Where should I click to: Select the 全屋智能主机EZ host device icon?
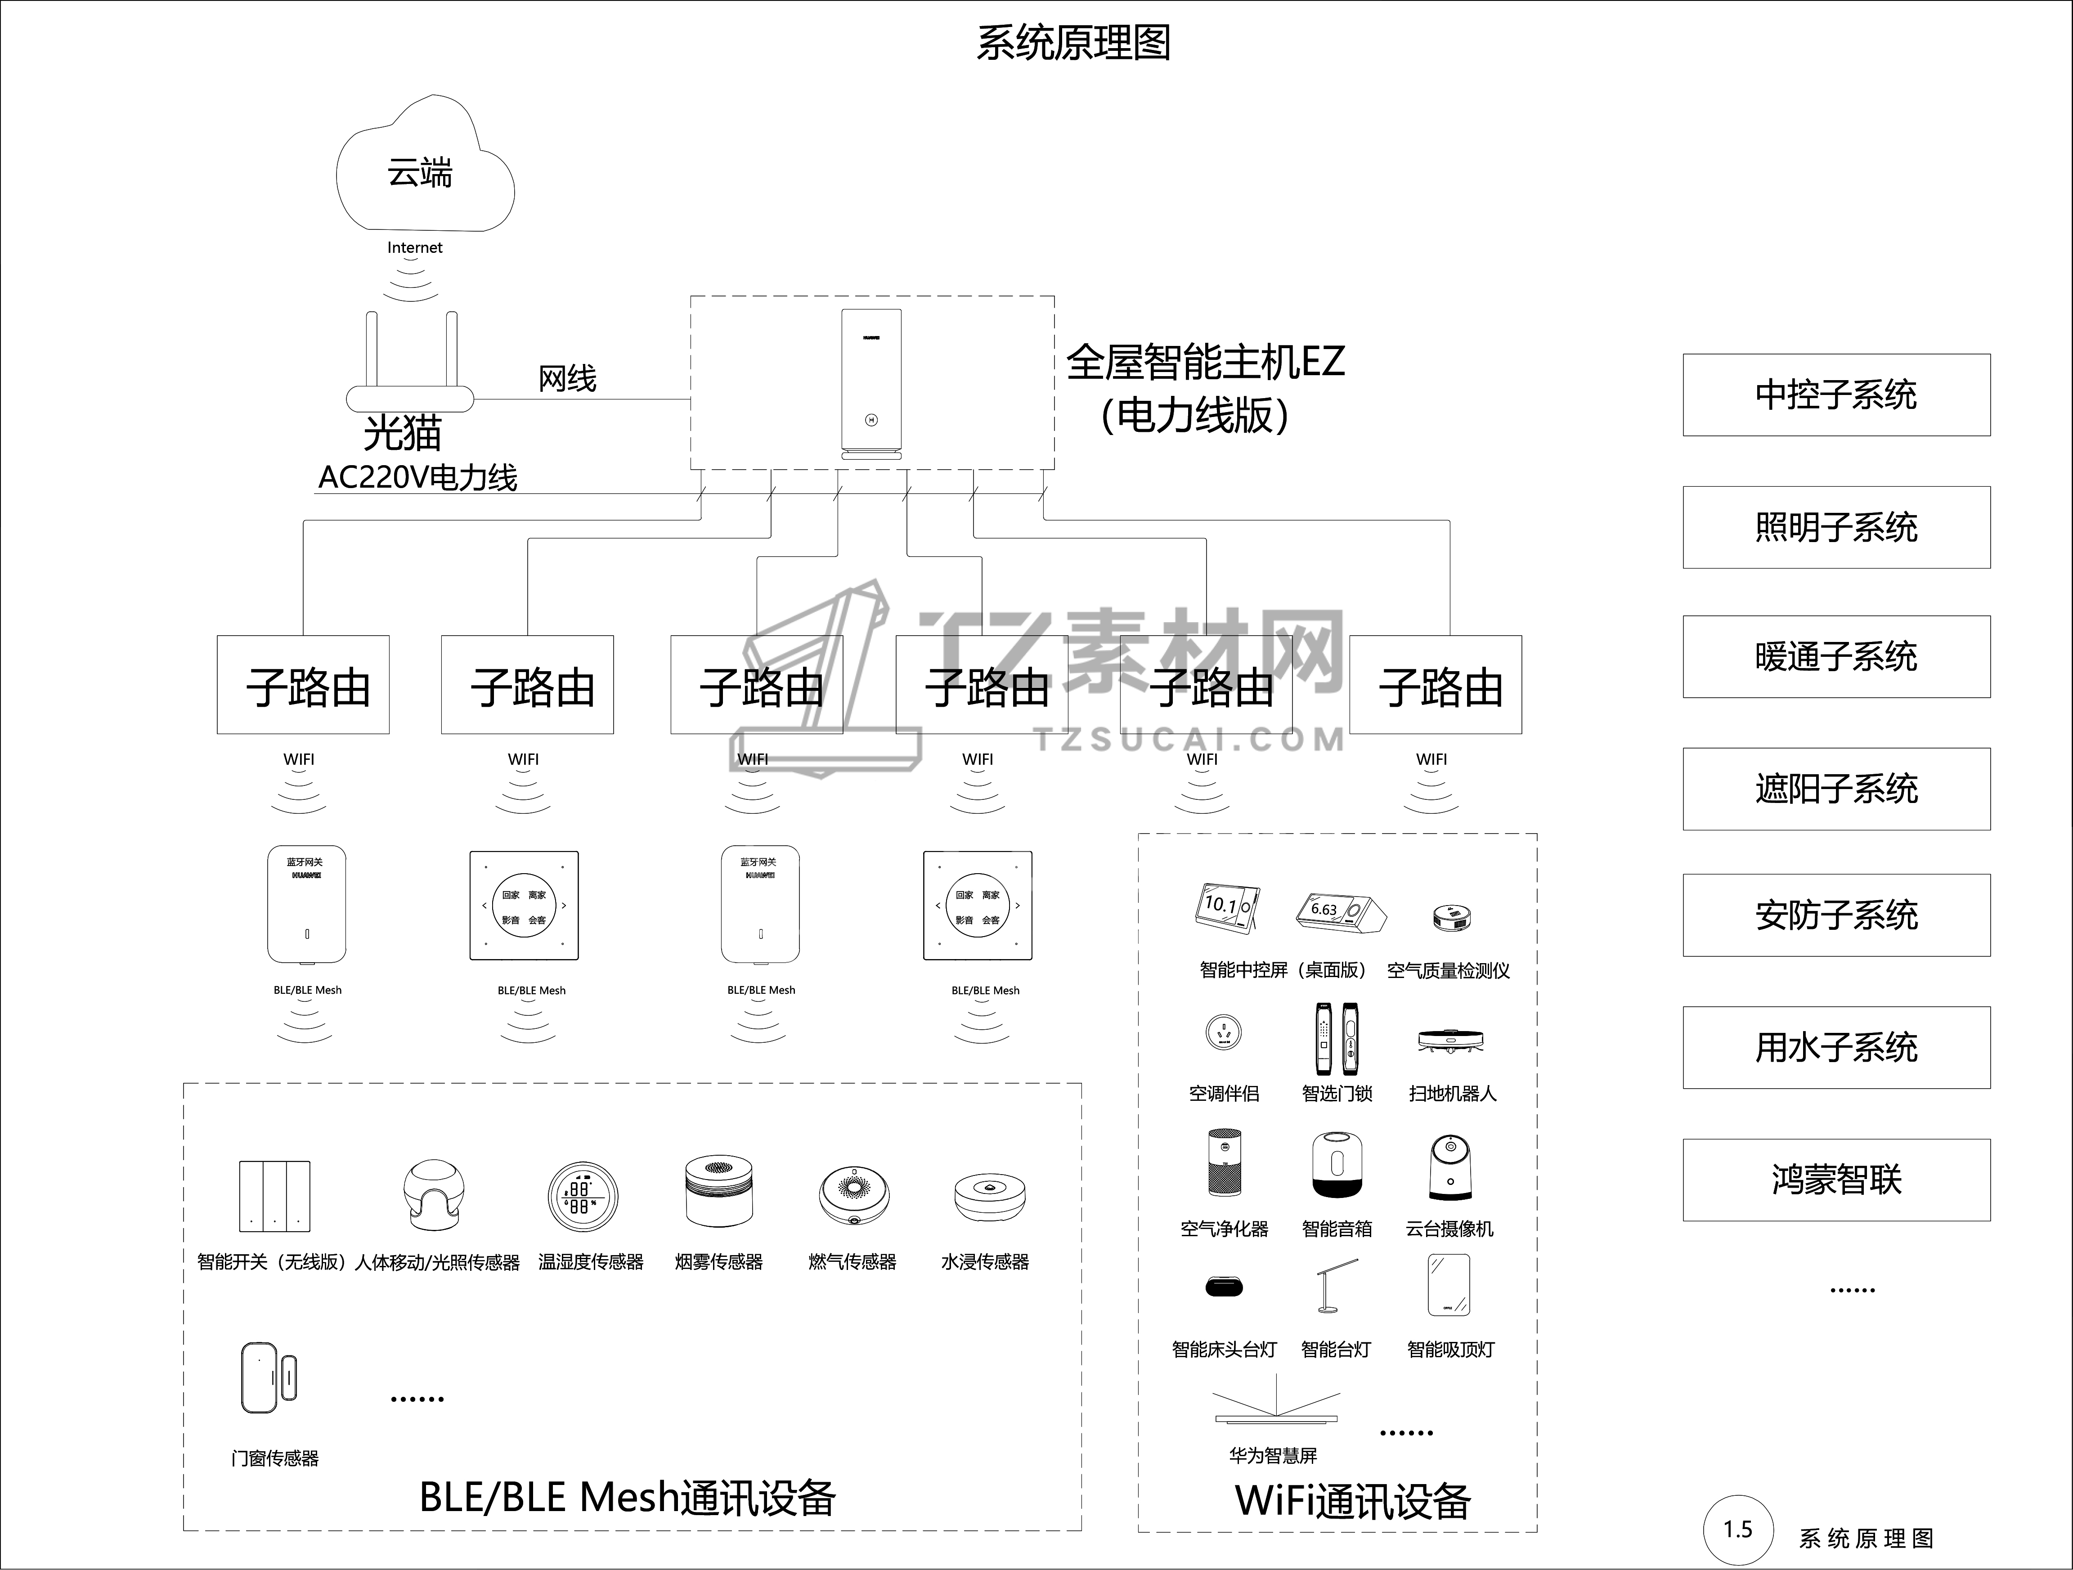(871, 384)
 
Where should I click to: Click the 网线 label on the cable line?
(567, 379)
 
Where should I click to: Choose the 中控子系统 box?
(1836, 395)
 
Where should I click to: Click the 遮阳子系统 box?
(1836, 788)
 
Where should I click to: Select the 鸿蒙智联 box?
(1836, 1179)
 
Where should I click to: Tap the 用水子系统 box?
(1836, 1047)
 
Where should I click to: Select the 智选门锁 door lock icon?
(1337, 1039)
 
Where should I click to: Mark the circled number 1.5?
(1738, 1530)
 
